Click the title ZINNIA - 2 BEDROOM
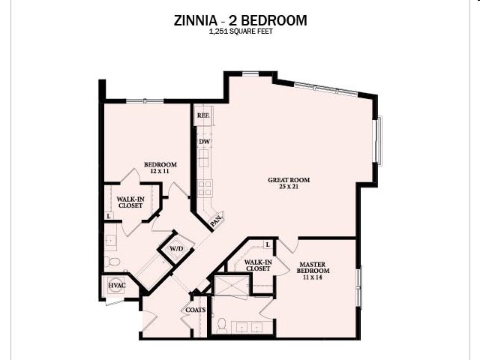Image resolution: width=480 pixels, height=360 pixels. pos(240,20)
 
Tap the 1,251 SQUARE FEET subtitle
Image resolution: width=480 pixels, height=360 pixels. pos(240,33)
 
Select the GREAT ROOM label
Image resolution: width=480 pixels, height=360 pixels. pos(289,180)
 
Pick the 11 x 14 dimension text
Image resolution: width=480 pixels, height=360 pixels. pos(311,277)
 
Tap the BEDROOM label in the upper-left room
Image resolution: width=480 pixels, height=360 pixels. pos(160,165)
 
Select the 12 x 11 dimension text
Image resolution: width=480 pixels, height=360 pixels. pos(160,172)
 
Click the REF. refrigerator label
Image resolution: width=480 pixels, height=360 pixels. pos(202,116)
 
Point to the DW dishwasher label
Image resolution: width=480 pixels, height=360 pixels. pos(203,141)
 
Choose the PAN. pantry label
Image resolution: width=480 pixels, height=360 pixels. pos(215,221)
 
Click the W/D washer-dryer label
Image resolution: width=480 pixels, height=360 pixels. pos(176,248)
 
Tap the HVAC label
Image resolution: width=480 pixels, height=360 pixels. pos(115,286)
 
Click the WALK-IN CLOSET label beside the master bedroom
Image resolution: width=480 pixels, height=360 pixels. pos(257,265)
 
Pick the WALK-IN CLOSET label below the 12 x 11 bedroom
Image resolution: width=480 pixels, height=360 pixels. pos(130,202)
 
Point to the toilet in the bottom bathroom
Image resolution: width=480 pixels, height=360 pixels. pos(222,325)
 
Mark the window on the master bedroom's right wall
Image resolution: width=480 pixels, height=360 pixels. pos(359,286)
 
